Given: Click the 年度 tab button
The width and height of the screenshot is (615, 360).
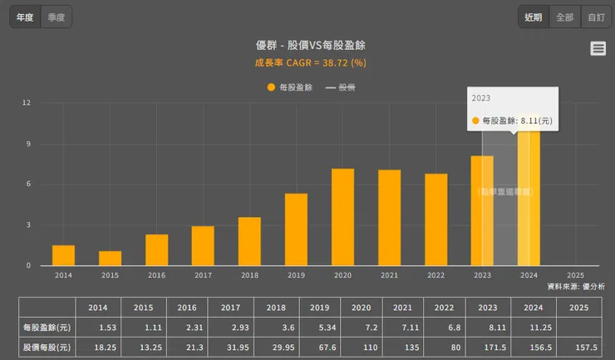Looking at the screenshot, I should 25,17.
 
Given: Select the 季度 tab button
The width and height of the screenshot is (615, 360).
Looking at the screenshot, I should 57,17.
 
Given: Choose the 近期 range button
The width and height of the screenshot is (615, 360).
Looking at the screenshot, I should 533,17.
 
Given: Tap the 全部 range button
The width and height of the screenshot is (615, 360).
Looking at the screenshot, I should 564,17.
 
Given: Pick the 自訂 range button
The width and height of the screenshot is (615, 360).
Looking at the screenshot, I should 596,17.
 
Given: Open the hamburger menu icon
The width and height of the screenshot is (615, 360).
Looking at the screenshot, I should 598,48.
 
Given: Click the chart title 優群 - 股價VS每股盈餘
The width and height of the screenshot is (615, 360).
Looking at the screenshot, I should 307,46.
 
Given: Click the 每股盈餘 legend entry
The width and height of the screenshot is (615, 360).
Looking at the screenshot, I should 290,86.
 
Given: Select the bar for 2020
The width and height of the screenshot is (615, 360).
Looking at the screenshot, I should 342,217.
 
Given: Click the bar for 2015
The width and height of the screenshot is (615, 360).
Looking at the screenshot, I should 110,258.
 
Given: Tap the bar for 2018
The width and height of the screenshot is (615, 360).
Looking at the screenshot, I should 249,241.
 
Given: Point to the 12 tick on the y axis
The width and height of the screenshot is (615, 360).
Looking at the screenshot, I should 27,103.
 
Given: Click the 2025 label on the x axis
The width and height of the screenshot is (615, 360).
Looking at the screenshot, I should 574,274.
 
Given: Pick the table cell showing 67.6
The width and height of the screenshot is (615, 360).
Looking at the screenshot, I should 320,347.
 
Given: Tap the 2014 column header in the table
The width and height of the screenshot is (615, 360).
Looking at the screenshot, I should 97,307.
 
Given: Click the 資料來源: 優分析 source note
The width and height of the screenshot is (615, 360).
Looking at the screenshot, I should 576,286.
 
